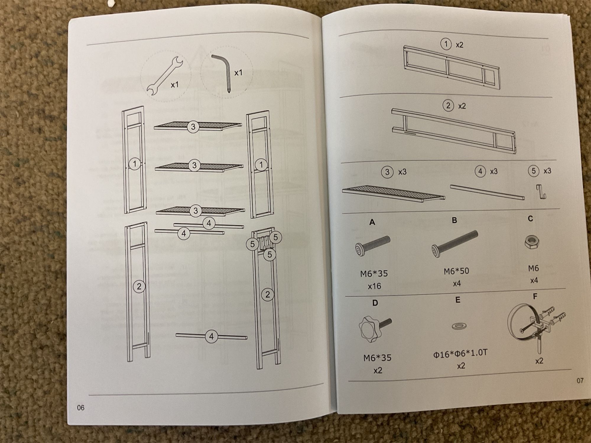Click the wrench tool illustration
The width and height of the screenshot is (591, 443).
click(165, 76)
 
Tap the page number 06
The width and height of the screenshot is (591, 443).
click(80, 408)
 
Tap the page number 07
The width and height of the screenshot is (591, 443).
click(580, 380)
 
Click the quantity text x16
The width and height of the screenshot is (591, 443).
click(374, 286)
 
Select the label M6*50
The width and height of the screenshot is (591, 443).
click(456, 271)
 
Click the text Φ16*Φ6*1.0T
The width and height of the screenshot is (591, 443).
click(460, 353)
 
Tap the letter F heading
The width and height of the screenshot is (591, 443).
click(535, 296)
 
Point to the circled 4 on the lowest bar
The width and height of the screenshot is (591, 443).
click(211, 336)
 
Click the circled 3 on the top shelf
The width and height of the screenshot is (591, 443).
click(193, 127)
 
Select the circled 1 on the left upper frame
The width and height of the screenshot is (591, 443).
click(135, 164)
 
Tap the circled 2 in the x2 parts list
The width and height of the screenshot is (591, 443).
click(448, 106)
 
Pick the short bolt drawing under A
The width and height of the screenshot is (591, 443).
click(372, 245)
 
